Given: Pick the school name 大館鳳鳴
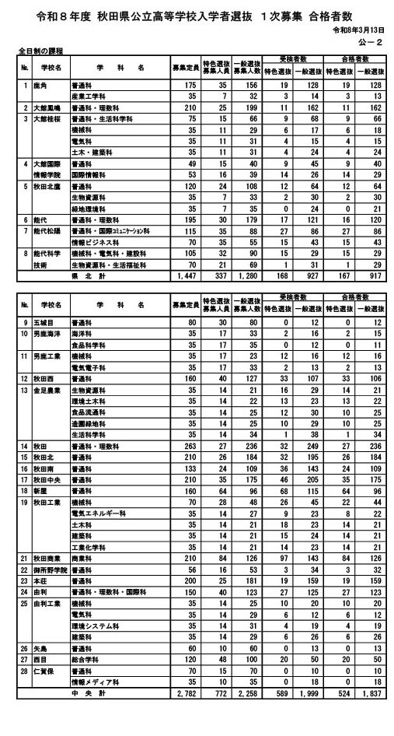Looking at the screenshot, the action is point(45,106).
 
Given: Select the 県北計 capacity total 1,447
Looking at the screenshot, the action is point(187,276).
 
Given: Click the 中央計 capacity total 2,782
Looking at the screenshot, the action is point(187,717).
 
